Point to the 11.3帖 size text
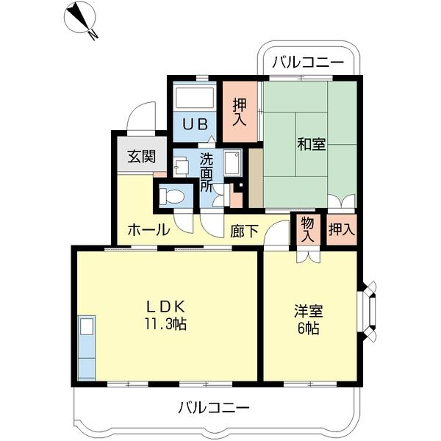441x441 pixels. pos(165,323)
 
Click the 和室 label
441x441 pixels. pos(312,144)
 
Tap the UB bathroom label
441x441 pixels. pos(195,123)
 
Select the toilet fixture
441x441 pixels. pos(173,196)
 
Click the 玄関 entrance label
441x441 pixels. pos(140,156)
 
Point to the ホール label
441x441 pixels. pos(148,230)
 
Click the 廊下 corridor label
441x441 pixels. pos(244,231)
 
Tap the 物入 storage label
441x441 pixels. pos(307,230)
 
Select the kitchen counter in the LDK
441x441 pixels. pos(86,347)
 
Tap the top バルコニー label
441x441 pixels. pos(307,62)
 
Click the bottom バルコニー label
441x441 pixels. pos(214,406)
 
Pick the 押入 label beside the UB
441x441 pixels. pos(240,110)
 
